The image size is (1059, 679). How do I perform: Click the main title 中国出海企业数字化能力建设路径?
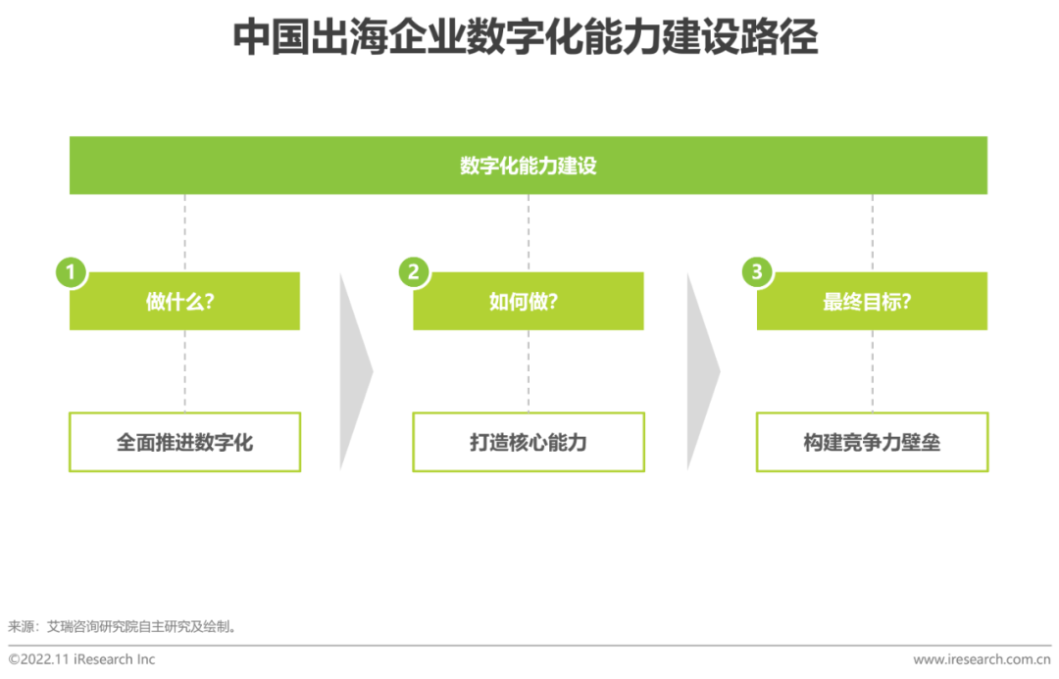(x=526, y=39)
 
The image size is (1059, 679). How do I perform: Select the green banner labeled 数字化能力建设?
(x=528, y=166)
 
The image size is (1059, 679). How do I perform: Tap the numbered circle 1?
(x=71, y=272)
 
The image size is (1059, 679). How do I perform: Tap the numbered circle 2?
(x=414, y=272)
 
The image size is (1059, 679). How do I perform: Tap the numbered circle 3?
(x=756, y=272)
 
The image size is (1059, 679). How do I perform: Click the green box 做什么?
(x=184, y=302)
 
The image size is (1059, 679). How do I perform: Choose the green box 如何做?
(x=529, y=302)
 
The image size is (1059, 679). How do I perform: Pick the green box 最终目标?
(x=872, y=302)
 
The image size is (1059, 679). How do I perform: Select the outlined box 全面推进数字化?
(x=184, y=442)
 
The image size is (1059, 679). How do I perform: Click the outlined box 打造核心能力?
(x=529, y=442)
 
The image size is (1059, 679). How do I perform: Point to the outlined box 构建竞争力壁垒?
(x=872, y=442)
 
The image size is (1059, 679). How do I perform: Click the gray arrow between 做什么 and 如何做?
(x=355, y=370)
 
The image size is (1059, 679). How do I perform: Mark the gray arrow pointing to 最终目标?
(x=702, y=370)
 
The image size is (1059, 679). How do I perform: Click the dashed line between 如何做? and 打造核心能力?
(x=529, y=370)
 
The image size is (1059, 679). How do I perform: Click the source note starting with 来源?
(x=123, y=626)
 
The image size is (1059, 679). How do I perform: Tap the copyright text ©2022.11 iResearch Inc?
(x=82, y=659)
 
